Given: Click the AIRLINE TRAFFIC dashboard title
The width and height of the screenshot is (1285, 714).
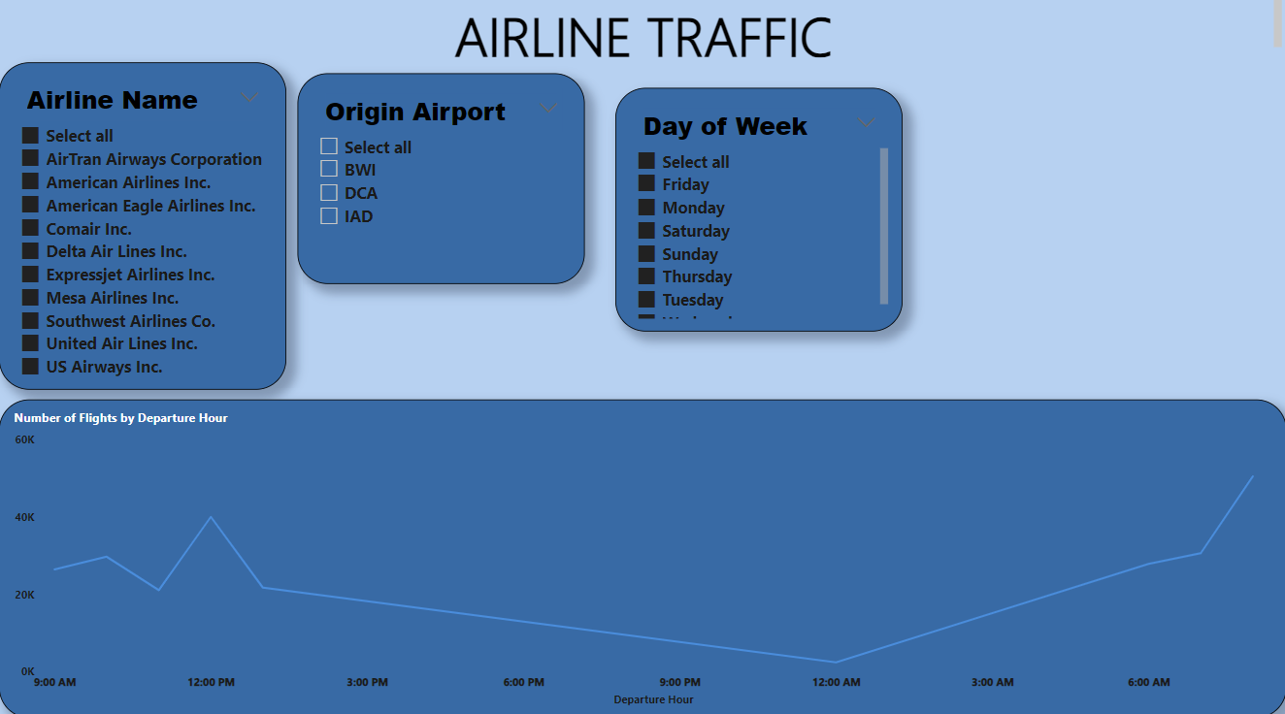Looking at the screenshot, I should click(642, 38).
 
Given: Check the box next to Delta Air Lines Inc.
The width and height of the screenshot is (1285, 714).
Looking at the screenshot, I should click(30, 251).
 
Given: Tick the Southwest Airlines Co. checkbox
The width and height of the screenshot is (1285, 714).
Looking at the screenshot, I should click(30, 320).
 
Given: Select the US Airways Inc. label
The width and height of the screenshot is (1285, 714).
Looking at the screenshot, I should click(104, 367).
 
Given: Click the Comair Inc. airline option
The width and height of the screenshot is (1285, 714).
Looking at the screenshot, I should click(88, 229).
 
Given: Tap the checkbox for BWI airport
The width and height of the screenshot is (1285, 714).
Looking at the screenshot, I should click(329, 170).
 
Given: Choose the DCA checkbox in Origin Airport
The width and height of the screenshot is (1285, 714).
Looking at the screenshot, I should click(329, 192).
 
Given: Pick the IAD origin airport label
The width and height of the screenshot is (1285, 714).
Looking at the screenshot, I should click(358, 216).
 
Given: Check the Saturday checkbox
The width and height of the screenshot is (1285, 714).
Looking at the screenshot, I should click(646, 231).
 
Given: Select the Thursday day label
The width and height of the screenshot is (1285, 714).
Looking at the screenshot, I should click(697, 276).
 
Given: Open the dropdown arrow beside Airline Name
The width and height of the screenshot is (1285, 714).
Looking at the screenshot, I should click(249, 98).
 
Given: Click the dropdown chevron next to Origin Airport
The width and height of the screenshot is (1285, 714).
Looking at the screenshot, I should click(548, 109).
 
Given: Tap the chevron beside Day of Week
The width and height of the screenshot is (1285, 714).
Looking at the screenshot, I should click(867, 123).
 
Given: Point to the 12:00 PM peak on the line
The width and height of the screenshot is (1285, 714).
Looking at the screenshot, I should click(212, 517).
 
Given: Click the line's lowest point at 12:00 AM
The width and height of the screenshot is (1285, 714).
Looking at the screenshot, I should click(836, 662).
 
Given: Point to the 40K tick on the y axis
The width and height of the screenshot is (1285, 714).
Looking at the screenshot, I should click(24, 518).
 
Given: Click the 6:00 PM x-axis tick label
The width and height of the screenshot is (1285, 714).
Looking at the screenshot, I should click(524, 683).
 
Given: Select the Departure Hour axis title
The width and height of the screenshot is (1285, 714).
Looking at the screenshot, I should click(653, 699).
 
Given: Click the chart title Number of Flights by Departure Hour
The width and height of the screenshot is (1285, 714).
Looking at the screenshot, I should click(121, 418).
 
